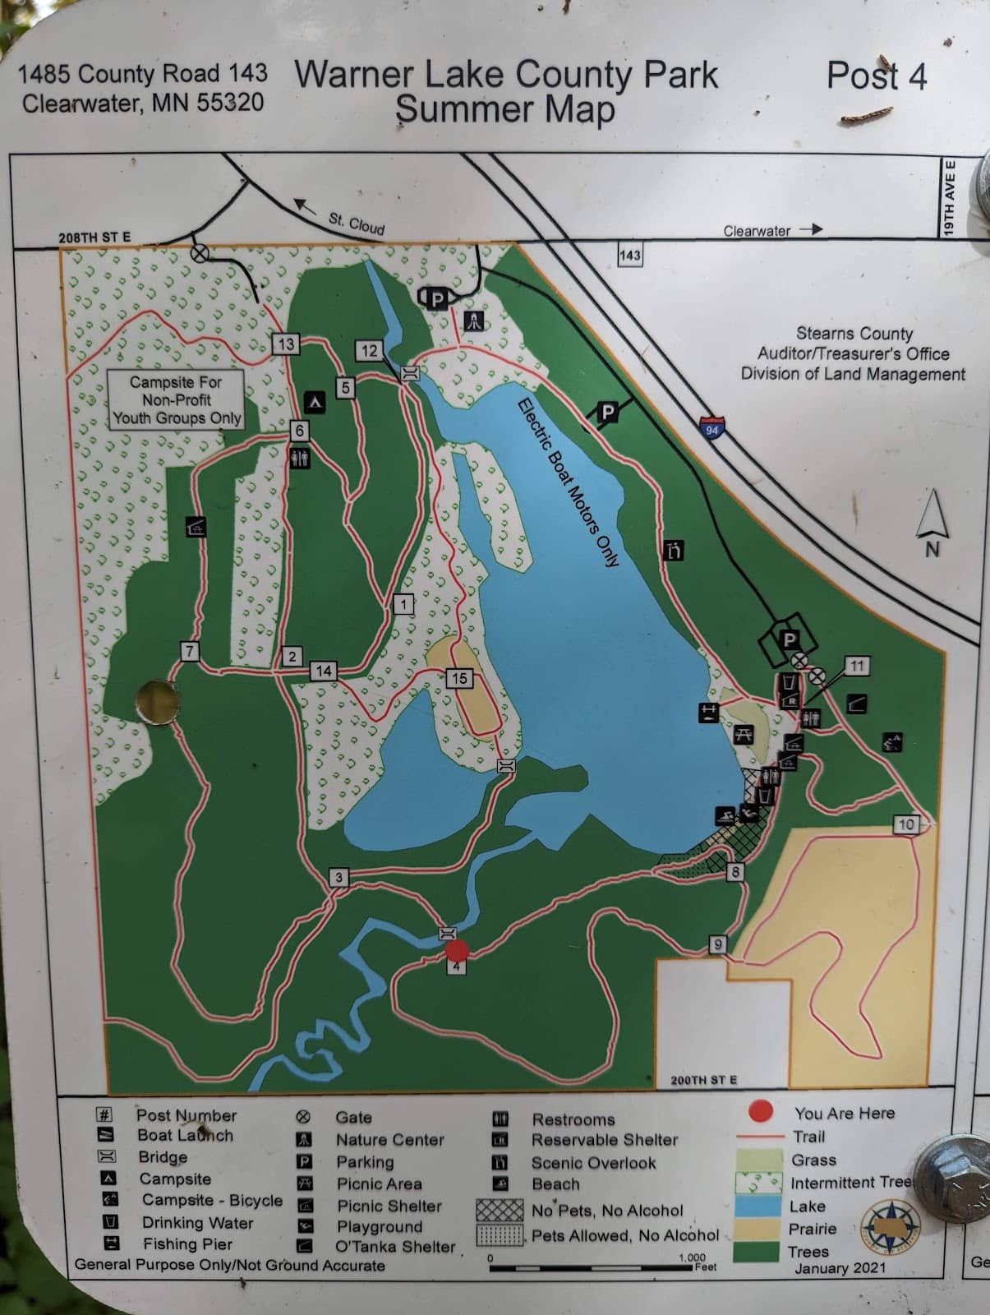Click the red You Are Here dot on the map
pos(457,951)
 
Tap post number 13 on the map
pos(285,344)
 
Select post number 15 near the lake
pos(458,678)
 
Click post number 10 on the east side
pos(905,824)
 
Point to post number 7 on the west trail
pos(190,652)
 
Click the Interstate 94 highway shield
pos(711,428)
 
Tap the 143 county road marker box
pos(629,255)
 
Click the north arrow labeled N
pos(932,523)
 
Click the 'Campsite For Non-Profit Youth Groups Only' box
pos(177,399)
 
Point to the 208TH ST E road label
pos(94,238)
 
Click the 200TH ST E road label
pos(703,1080)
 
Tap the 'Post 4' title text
pos(876,76)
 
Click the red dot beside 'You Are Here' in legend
pos(761,1112)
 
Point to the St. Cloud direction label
pos(357,222)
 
